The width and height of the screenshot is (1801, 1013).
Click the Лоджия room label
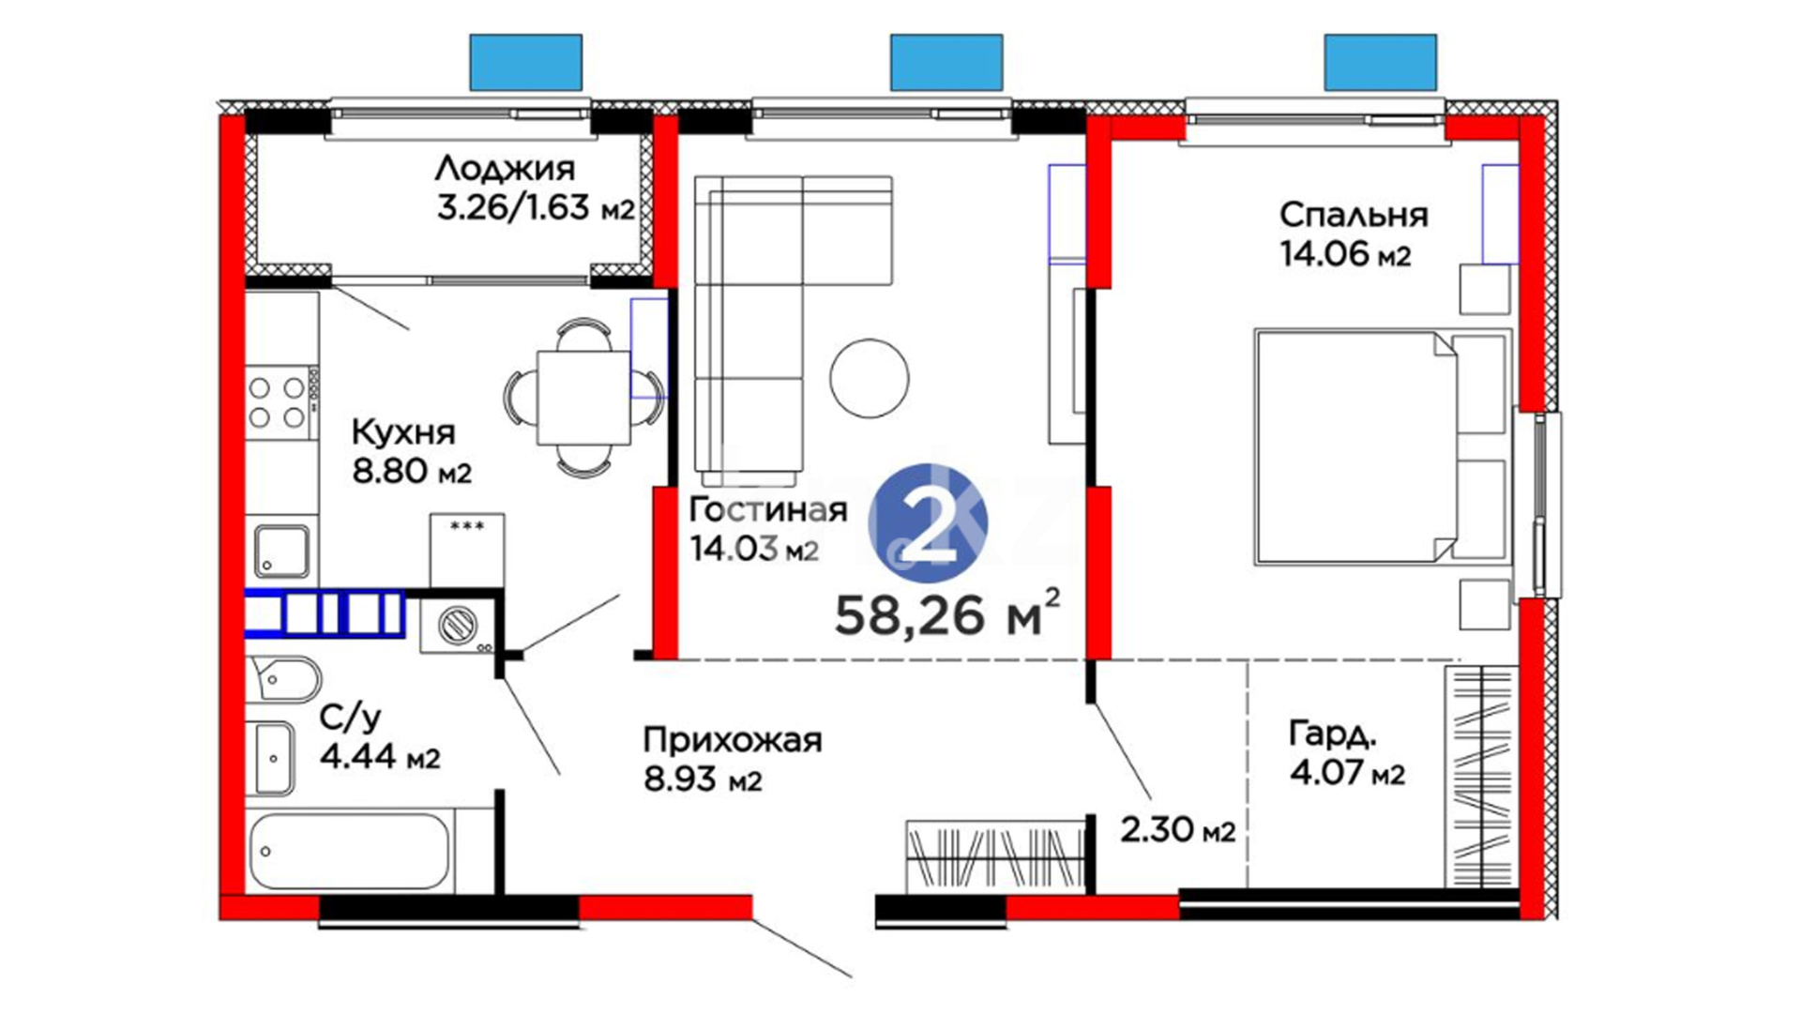click(505, 169)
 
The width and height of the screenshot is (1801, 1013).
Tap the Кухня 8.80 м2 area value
click(412, 471)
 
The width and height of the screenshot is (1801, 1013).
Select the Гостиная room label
click(768, 509)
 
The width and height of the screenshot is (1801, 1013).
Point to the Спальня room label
click(1354, 215)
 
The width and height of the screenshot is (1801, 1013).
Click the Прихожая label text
click(733, 741)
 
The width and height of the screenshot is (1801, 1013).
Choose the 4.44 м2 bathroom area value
click(380, 756)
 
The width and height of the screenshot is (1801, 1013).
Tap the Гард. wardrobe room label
click(1333, 734)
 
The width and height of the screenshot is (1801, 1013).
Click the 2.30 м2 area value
click(1177, 829)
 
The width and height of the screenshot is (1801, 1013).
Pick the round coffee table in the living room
click(870, 378)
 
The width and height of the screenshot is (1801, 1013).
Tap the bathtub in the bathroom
click(350, 851)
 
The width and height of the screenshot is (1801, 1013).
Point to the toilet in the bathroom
click(284, 678)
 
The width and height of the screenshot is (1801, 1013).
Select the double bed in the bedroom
click(1383, 446)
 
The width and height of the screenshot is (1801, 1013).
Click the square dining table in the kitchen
click(583, 398)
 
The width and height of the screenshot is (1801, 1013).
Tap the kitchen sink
click(281, 552)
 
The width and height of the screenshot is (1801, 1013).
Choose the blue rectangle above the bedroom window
click(1380, 63)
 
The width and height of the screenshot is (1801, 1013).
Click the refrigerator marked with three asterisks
click(467, 551)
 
